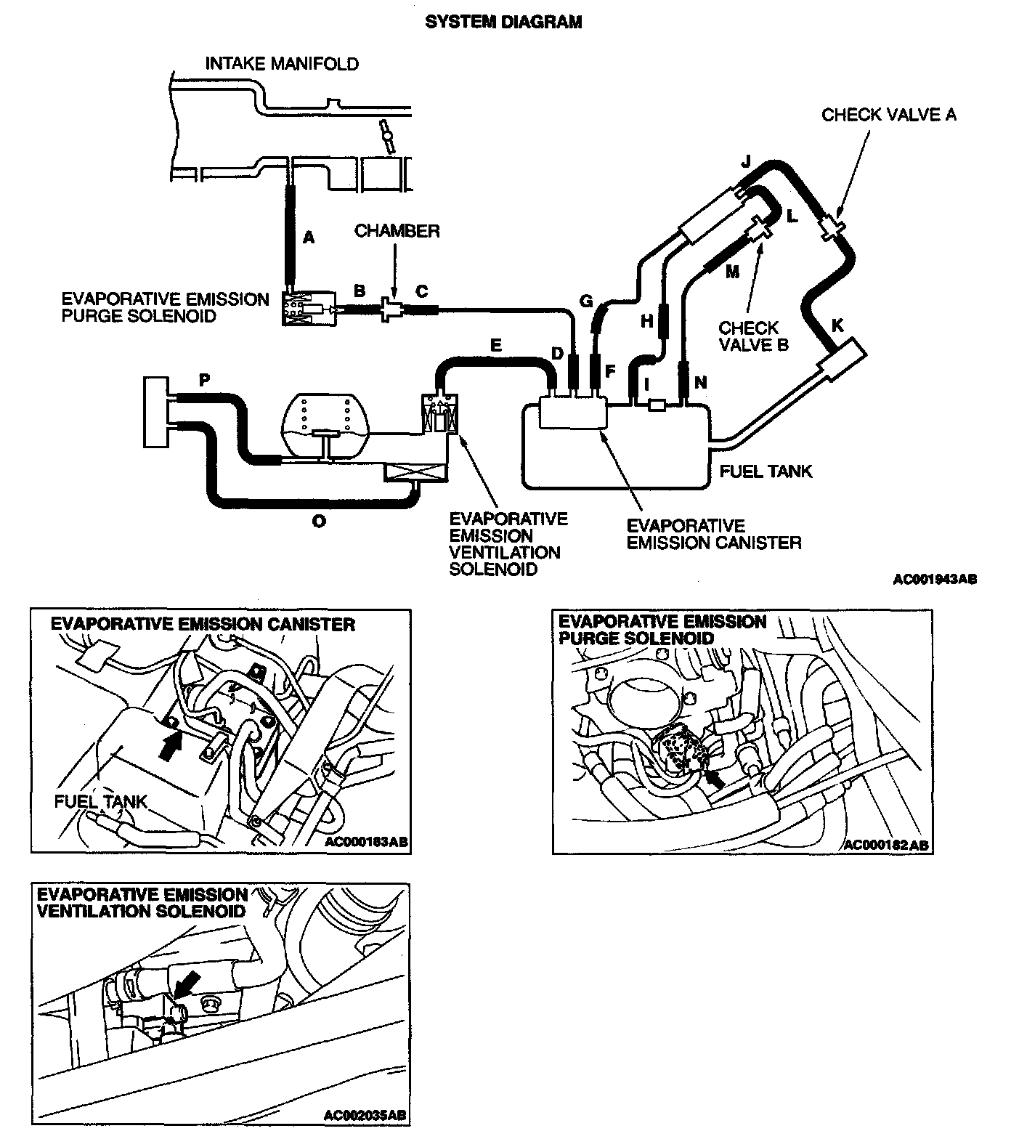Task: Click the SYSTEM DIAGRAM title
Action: pos(503,23)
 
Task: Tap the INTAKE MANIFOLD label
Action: pos(282,64)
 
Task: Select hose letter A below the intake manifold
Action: pos(309,238)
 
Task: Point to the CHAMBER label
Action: pos(397,231)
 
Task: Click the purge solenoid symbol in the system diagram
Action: pos(308,310)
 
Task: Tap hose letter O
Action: pos(318,521)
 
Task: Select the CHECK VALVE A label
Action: pos(888,115)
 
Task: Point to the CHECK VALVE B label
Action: pos(753,336)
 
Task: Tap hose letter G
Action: pos(586,301)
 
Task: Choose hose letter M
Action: pos(731,272)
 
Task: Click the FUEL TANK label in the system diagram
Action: pos(766,471)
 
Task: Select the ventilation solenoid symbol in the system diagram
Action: pos(442,416)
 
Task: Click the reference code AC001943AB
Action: pos(935,580)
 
